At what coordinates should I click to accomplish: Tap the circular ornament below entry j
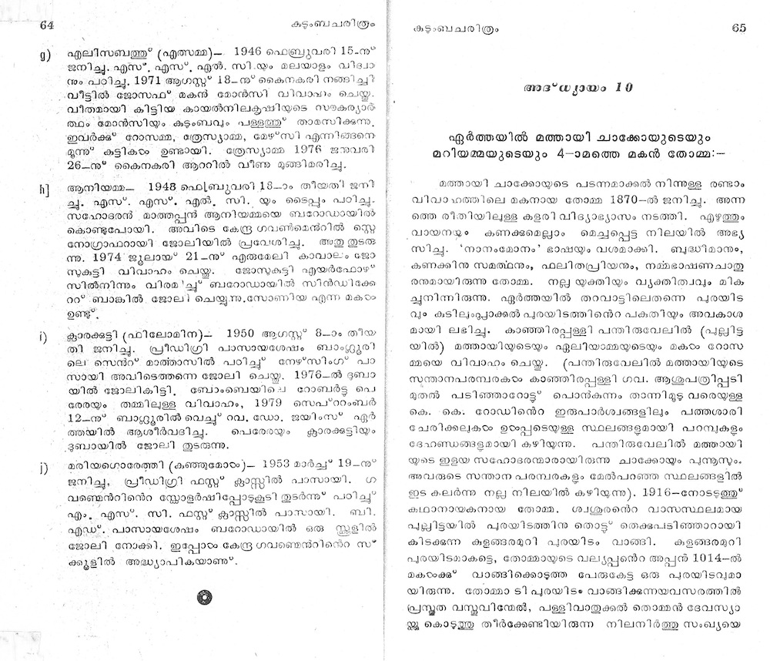click(x=205, y=596)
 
